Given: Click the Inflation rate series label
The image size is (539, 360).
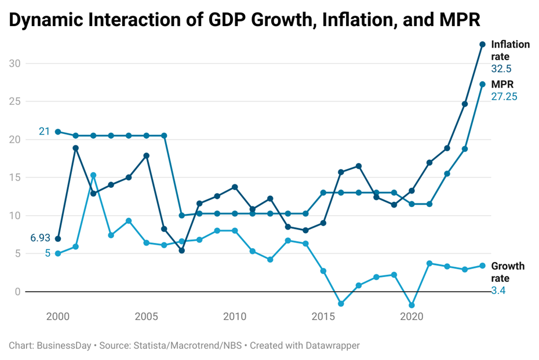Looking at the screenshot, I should (509, 50).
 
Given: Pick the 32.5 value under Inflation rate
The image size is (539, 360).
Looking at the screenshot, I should (501, 69).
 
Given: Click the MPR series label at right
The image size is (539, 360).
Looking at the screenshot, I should (502, 85).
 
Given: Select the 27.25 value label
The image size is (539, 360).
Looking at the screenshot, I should (504, 97).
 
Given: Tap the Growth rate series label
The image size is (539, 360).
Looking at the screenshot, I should (508, 272).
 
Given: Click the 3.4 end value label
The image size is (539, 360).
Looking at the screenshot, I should (498, 290).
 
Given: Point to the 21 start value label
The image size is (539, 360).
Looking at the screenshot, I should (45, 132).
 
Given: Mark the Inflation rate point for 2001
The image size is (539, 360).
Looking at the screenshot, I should (75, 148).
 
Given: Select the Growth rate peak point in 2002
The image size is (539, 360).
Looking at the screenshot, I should (93, 175).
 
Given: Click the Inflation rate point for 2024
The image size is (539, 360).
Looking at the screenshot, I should (482, 45).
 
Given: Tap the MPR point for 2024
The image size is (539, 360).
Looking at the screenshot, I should (482, 84).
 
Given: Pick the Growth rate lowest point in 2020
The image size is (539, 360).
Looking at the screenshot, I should (411, 305).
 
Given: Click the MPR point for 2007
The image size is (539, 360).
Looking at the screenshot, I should (181, 215).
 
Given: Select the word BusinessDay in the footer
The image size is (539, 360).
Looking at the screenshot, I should (64, 346).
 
